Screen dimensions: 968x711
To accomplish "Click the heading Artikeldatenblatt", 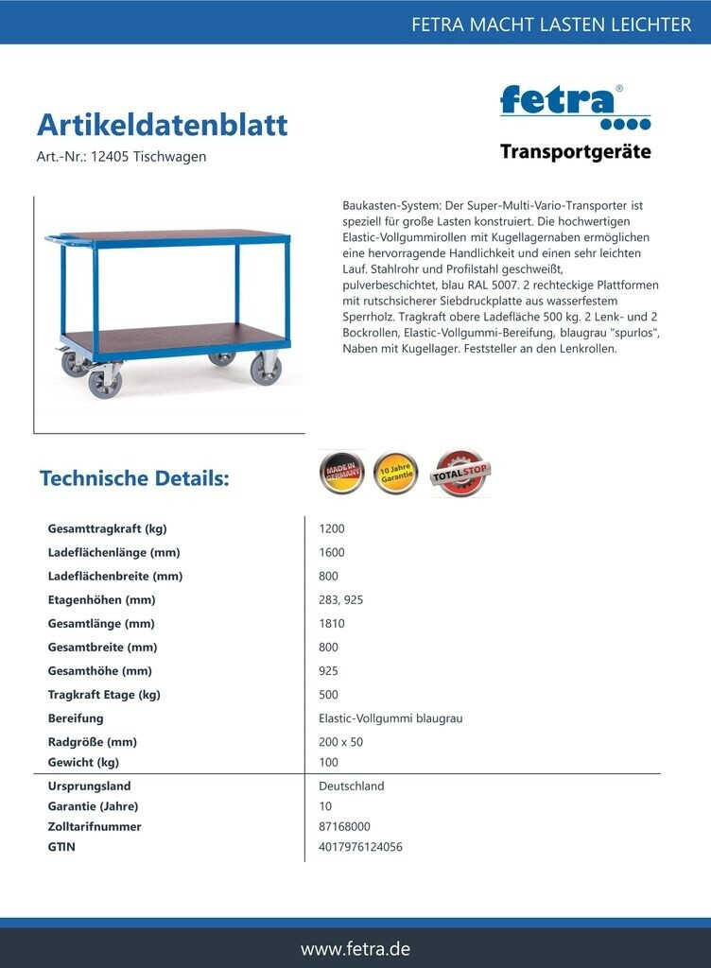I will [x=162, y=125].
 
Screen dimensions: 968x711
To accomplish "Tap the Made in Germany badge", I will [x=340, y=473].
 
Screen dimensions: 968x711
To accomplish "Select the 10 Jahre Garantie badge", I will [x=395, y=473].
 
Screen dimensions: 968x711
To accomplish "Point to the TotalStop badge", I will [x=460, y=473].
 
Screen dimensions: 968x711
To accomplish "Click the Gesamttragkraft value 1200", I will [x=332, y=528].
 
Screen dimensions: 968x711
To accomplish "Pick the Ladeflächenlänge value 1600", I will [x=332, y=552].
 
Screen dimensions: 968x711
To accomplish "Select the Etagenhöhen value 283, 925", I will [x=341, y=599].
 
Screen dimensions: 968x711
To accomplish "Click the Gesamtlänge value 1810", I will [x=332, y=623].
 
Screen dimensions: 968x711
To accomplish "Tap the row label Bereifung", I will [x=76, y=718].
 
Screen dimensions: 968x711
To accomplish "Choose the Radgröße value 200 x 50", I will [x=341, y=742].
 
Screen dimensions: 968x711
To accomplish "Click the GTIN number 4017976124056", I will [x=360, y=847].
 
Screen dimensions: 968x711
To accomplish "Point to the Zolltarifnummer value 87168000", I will [x=345, y=826].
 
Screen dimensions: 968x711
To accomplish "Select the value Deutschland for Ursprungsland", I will [x=352, y=786].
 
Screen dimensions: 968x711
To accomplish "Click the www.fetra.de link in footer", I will [x=355, y=948].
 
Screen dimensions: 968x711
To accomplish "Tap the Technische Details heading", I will [x=134, y=478].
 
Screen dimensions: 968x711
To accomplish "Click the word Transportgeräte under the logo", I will [x=575, y=151].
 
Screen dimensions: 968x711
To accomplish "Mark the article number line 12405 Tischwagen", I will [x=121, y=157].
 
